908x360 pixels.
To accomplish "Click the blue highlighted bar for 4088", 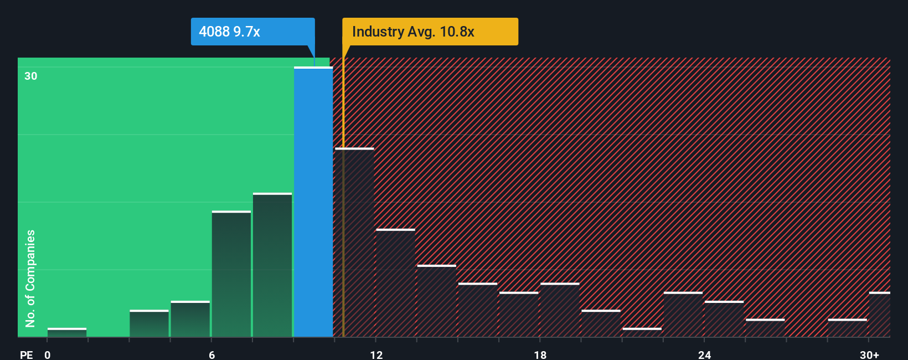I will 313,202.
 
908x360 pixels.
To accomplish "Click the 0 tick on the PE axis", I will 48,354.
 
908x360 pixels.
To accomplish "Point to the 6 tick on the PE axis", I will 211,354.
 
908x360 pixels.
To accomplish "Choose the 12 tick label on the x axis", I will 376,354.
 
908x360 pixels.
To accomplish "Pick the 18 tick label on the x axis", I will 540,354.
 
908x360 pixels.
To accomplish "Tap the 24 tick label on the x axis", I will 704,354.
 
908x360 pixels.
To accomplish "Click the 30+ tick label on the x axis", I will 869,354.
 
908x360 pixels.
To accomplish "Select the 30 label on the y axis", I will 31,76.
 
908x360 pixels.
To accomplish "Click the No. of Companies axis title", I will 30,278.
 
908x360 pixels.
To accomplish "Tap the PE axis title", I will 27,354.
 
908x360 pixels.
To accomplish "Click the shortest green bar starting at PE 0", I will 67,332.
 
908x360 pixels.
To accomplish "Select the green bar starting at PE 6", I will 231,274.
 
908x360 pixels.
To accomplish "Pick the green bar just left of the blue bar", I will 272,265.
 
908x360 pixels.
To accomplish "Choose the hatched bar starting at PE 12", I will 395,283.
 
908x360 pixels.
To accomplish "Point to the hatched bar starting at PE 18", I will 560,310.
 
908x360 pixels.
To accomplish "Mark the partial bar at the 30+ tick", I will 880,315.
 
